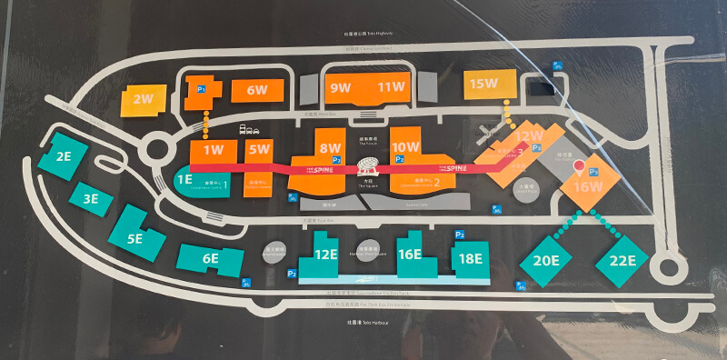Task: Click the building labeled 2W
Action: tap(143, 99)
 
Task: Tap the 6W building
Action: tap(256, 90)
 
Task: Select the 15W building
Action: tap(483, 85)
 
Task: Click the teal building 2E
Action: tap(64, 156)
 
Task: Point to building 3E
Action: tap(90, 198)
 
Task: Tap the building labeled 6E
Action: tap(210, 259)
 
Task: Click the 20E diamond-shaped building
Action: tap(545, 261)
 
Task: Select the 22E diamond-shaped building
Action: tap(622, 261)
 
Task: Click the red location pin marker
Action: tap(578, 166)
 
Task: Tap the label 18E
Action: tap(471, 258)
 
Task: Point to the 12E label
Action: tap(325, 255)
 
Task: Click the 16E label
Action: tap(411, 255)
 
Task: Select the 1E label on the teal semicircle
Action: tap(184, 180)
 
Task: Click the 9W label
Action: tap(341, 87)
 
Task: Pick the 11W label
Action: tap(392, 87)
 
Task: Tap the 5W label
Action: tap(260, 149)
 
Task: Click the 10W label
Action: tap(406, 147)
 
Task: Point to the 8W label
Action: tap(331, 147)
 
